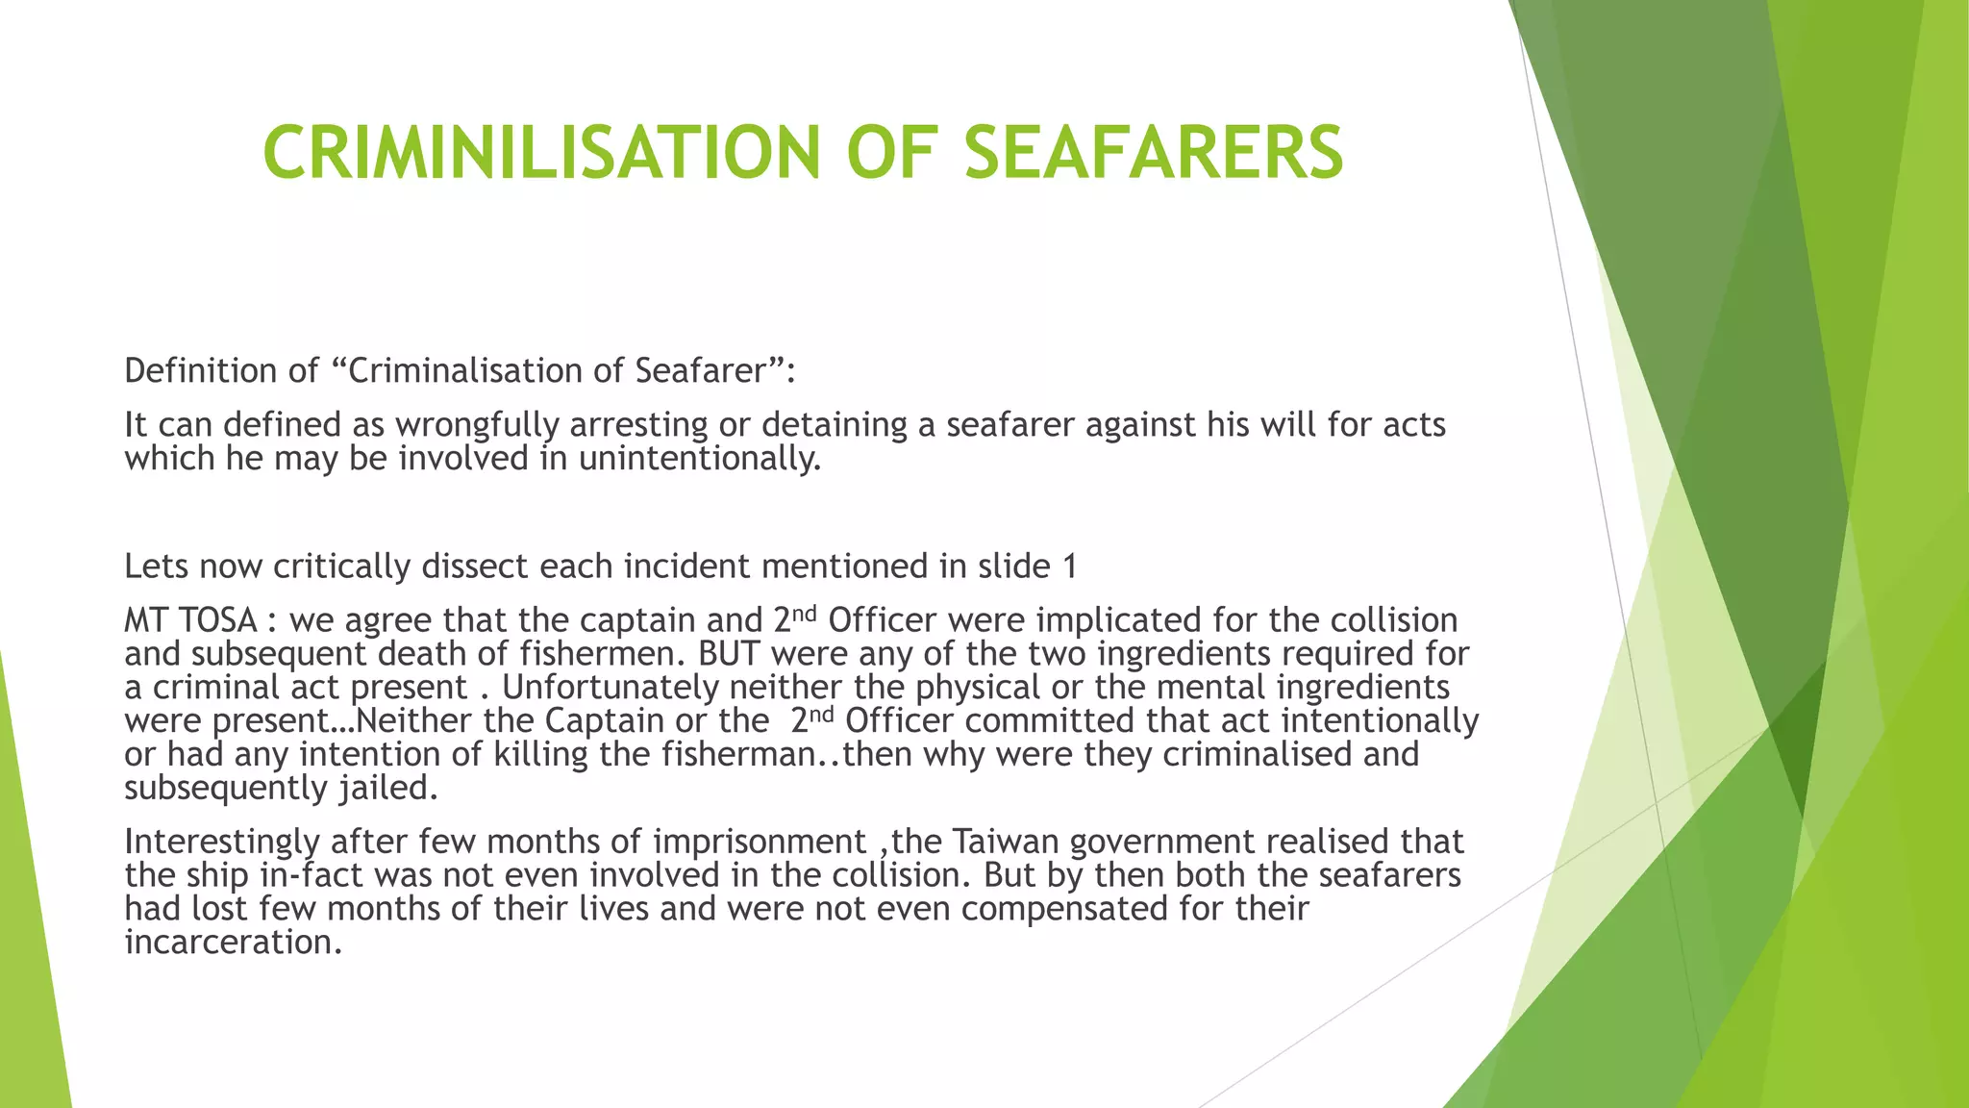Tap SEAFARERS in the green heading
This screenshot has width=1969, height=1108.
[x=1153, y=152]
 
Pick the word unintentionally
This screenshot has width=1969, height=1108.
[x=700, y=458]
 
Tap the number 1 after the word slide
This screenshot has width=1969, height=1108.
[x=1069, y=566]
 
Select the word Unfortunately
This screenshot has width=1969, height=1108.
[x=611, y=688]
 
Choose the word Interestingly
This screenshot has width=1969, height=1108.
[x=222, y=842]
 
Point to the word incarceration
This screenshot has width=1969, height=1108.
[x=233, y=942]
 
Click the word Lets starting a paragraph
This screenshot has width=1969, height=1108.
[x=157, y=566]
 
